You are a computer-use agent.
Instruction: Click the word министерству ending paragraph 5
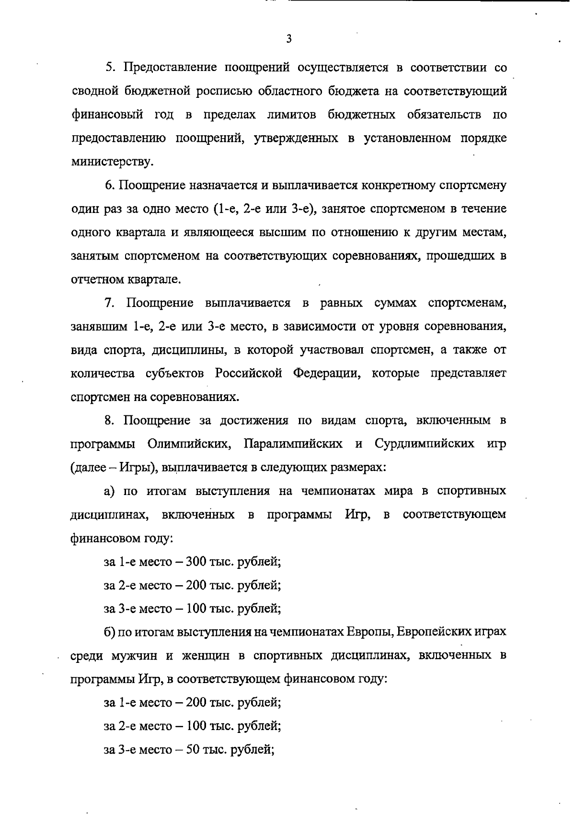[112, 162]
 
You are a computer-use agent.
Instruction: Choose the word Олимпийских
[187, 444]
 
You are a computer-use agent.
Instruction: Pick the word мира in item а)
[407, 491]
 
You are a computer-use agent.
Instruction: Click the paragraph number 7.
[108, 303]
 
